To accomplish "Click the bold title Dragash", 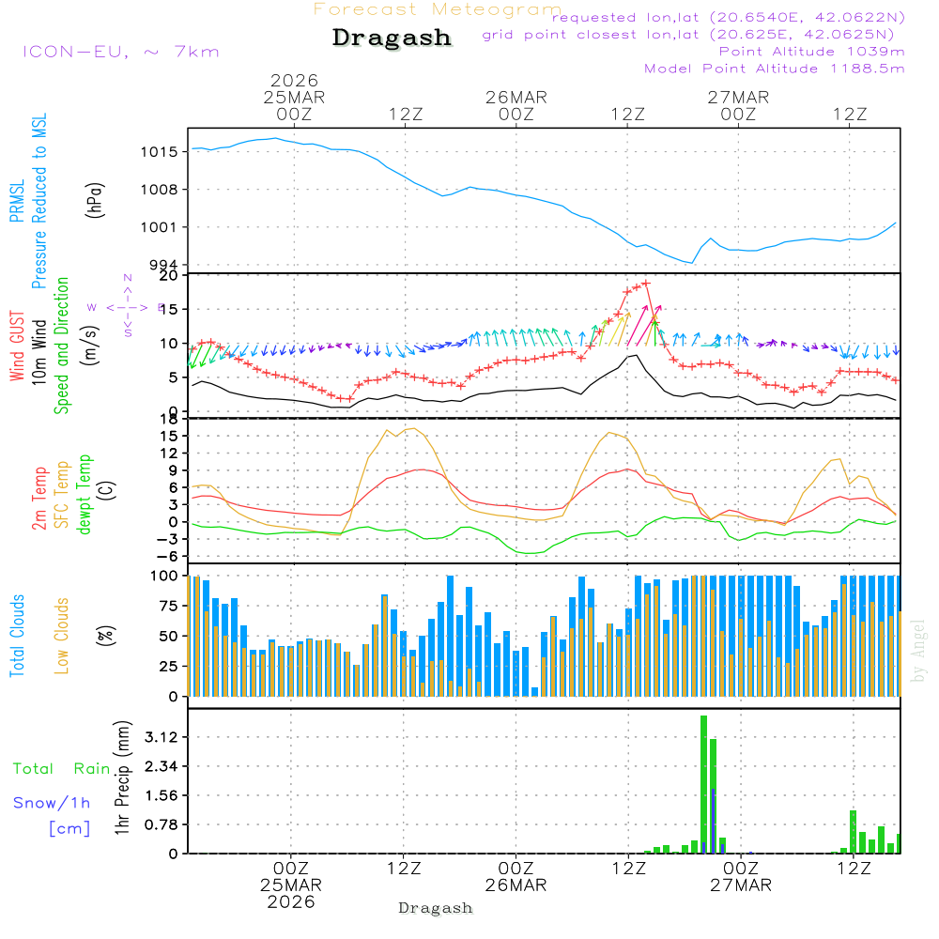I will [x=392, y=38].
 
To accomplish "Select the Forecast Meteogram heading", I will [x=438, y=9].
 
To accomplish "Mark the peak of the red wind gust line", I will [x=646, y=283].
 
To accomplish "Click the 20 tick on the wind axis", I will [x=169, y=275].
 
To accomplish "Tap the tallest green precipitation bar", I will [x=703, y=784].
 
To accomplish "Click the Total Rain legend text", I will [x=62, y=769].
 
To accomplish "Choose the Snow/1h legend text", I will [x=53, y=803].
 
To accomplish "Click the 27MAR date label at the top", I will [x=738, y=98].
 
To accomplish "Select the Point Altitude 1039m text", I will [x=811, y=52].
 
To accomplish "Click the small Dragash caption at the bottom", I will [x=436, y=908].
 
